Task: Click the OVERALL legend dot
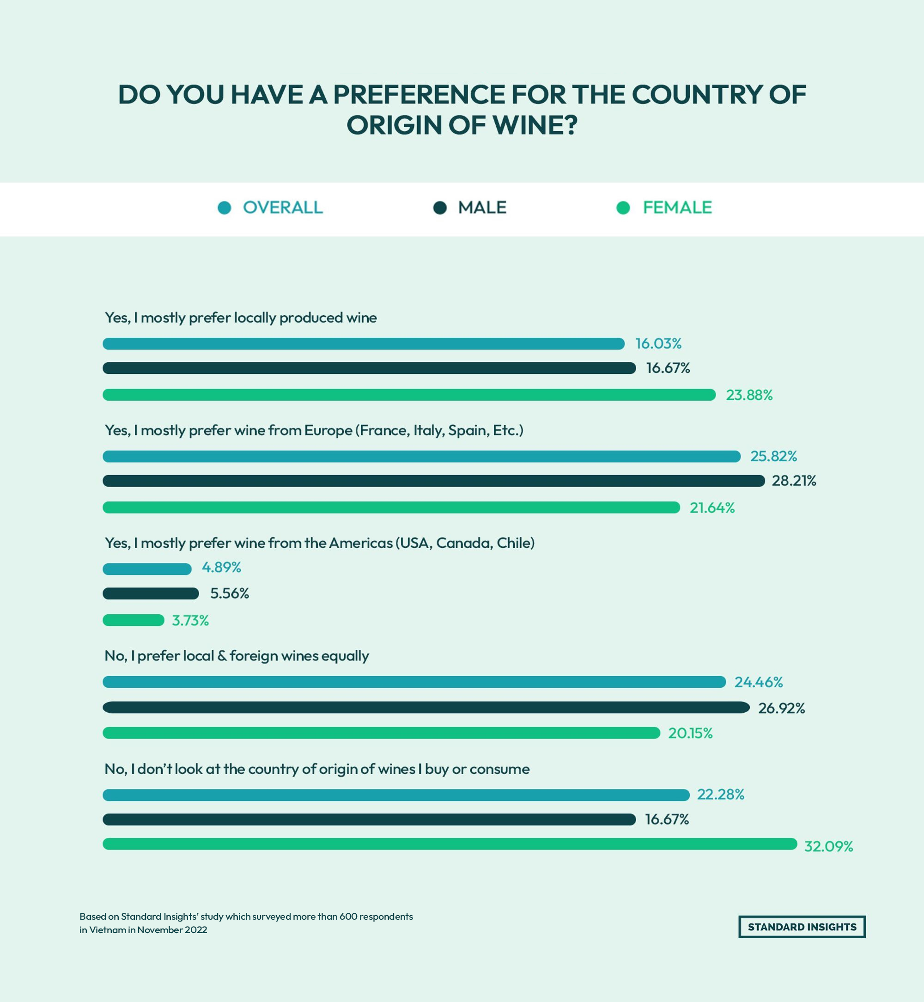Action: (225, 208)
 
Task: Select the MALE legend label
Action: (482, 208)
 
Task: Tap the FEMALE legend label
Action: (677, 208)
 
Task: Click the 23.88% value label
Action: (749, 395)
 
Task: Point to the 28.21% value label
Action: (794, 481)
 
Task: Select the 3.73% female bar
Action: (134, 620)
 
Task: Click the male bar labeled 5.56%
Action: (151, 593)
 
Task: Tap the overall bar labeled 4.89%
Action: (147, 569)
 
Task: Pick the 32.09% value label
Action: (828, 846)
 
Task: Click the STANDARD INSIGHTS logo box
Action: (802, 927)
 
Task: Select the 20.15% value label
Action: (690, 733)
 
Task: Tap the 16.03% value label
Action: (658, 344)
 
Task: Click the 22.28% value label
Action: (721, 794)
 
